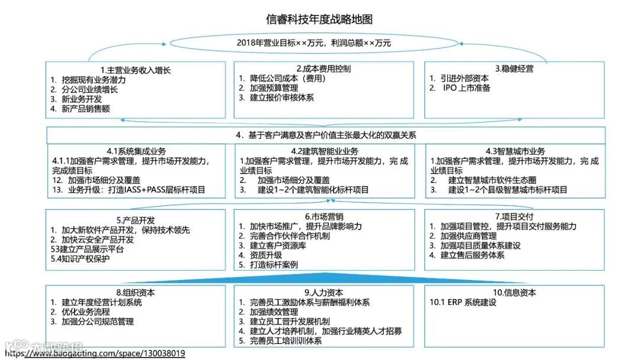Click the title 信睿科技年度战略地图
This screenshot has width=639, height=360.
click(319, 19)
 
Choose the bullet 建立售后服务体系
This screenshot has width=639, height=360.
click(472, 255)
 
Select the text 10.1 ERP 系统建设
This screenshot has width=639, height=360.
click(463, 303)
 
